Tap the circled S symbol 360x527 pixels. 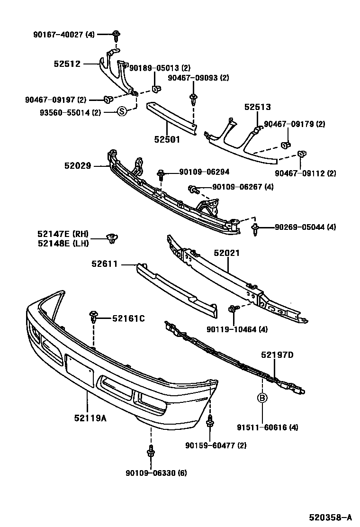pyautogui.click(x=121, y=112)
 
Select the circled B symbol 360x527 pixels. pyautogui.click(x=262, y=398)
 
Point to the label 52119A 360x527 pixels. pyautogui.click(x=90, y=418)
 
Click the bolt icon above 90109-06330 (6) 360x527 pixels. pyautogui.click(x=151, y=452)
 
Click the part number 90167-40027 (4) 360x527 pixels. pyautogui.click(x=63, y=34)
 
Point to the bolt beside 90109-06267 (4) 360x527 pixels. pyautogui.click(x=194, y=190)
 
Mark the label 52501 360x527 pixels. pyautogui.click(x=167, y=140)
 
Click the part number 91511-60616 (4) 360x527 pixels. pyautogui.click(x=268, y=427)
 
